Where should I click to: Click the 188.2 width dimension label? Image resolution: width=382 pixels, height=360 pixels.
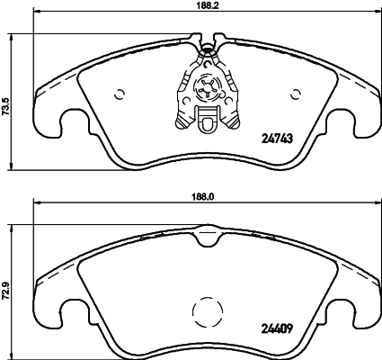[x=208, y=6]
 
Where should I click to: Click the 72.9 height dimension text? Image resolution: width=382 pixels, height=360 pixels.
[x=7, y=292]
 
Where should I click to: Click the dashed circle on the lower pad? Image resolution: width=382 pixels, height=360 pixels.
[x=208, y=312]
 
